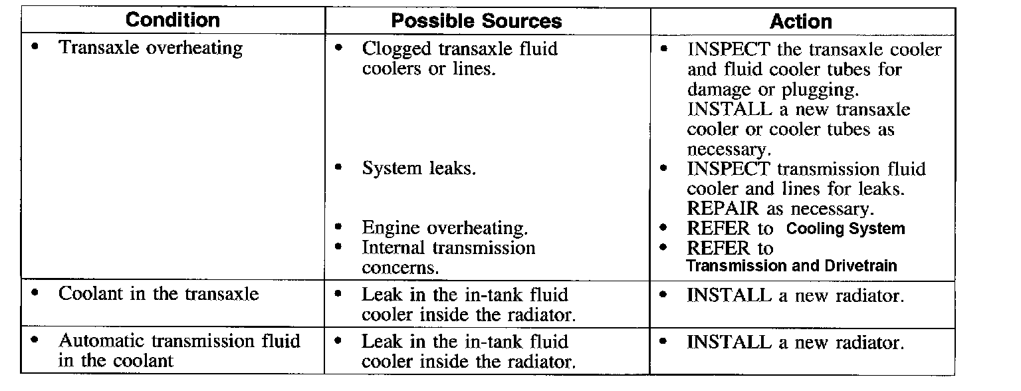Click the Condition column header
[172, 21]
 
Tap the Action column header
[801, 22]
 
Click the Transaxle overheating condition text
[151, 48]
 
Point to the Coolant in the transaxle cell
[159, 294]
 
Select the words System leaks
[419, 168]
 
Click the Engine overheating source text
[445, 228]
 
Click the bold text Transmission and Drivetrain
[791, 267]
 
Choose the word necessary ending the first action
[726, 149]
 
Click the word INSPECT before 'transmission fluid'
[728, 169]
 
